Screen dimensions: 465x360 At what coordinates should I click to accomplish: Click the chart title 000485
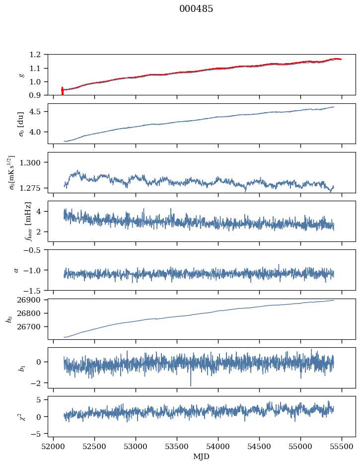click(196, 9)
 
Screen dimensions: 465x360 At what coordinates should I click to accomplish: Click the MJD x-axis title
click(202, 456)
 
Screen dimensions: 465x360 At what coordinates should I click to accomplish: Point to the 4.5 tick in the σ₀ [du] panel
click(39, 112)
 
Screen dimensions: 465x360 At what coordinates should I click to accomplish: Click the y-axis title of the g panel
click(21, 75)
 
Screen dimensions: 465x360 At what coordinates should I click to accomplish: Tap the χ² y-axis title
click(21, 416)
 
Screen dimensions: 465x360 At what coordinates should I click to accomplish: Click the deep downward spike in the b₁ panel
click(190, 385)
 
